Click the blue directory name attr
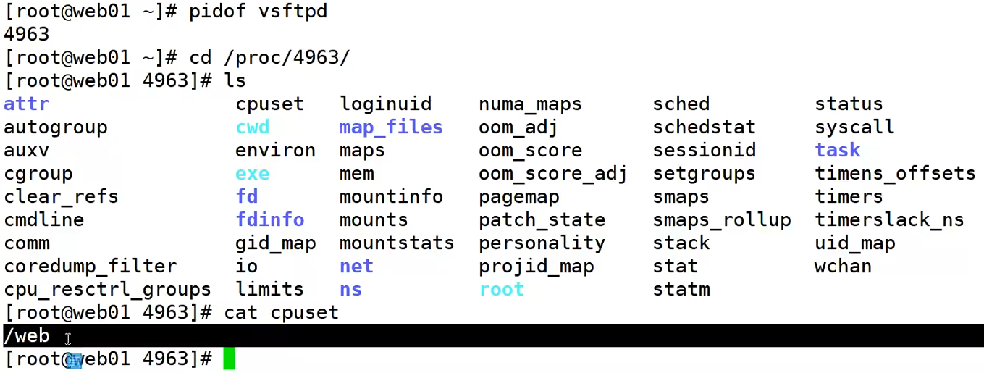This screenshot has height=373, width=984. click(x=26, y=104)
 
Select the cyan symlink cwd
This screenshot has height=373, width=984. click(x=252, y=127)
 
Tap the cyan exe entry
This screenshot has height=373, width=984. click(x=252, y=174)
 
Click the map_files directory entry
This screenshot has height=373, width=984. click(x=391, y=127)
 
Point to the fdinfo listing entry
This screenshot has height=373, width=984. click(x=269, y=219)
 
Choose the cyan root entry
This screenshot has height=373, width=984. click(x=501, y=289)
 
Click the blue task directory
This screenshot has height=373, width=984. click(x=838, y=150)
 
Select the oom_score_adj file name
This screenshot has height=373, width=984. click(x=552, y=174)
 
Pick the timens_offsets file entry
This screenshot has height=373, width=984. click(x=895, y=174)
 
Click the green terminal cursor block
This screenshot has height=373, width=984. click(x=229, y=359)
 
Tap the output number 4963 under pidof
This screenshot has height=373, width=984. click(x=26, y=34)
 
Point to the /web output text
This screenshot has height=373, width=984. click(x=26, y=335)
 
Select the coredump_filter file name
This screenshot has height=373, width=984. click(x=90, y=266)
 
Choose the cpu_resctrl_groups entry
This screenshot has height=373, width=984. click(x=107, y=289)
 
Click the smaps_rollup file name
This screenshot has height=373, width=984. click(x=721, y=219)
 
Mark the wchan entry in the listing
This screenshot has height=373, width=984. click(x=843, y=266)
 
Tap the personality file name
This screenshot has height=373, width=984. click(x=542, y=243)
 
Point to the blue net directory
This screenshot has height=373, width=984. click(x=356, y=266)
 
